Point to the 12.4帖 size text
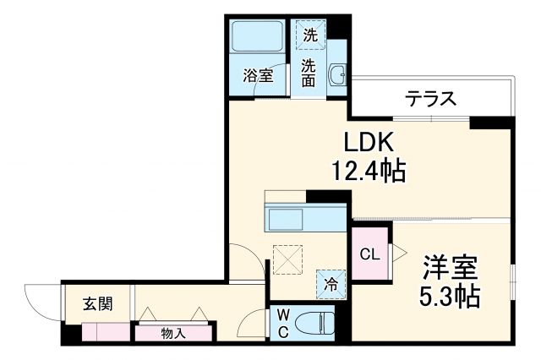(x=370, y=172)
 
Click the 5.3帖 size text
(x=451, y=297)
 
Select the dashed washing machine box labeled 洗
(x=310, y=35)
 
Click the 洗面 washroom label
(x=309, y=73)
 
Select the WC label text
(x=281, y=324)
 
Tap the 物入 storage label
(x=172, y=333)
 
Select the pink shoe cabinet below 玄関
(x=106, y=332)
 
